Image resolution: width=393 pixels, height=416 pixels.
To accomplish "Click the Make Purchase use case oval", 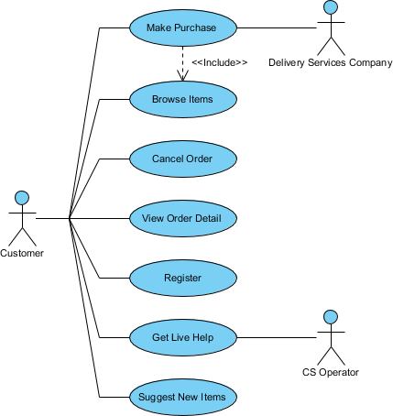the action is point(183,27).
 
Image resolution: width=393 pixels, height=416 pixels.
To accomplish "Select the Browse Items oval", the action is point(183,99).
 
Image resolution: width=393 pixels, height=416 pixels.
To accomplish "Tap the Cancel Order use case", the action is point(183,159).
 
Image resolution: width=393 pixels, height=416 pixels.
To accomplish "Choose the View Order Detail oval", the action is point(183,218).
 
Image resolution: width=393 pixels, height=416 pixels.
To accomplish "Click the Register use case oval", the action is point(183,278).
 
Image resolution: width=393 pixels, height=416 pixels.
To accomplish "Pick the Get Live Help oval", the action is point(183,337).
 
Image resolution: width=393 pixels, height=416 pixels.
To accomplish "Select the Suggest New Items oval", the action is point(183,397).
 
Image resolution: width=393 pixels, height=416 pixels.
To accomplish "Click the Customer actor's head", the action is point(22,198).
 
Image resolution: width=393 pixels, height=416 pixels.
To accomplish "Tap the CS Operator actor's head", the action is point(331,317).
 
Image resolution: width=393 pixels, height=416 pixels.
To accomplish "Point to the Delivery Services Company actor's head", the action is point(331,7).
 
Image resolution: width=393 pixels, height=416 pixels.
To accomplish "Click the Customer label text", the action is point(22,253).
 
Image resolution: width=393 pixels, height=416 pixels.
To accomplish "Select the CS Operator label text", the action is point(331,372).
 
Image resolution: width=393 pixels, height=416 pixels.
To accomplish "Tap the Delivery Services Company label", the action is point(331,62).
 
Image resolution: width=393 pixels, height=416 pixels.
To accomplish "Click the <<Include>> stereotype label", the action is point(220,62).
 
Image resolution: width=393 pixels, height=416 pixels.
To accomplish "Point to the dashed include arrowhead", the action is point(182,76).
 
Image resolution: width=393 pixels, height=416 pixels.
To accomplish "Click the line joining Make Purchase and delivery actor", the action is point(277,28).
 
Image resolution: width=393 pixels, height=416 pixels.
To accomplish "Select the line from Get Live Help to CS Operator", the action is point(277,337).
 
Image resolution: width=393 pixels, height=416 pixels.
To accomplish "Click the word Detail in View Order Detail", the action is point(208,218).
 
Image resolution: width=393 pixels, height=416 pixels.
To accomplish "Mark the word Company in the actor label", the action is point(371,63).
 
